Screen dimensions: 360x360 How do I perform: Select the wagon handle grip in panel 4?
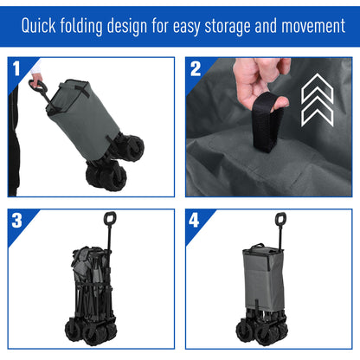click(280, 220)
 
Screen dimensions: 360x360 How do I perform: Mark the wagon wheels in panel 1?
click(108, 169)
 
